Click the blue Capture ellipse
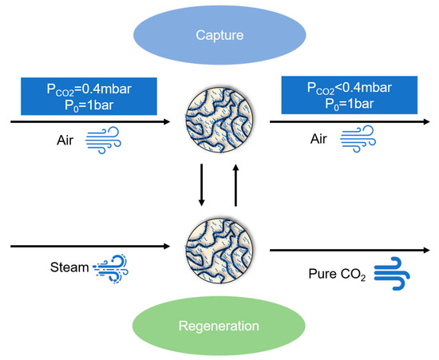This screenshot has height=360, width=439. pyautogui.click(x=219, y=36)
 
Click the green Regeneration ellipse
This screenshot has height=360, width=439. pyautogui.click(x=219, y=325)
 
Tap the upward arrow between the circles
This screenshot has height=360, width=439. pyautogui.click(x=235, y=184)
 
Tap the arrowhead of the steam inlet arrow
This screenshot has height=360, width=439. pyautogui.click(x=166, y=247)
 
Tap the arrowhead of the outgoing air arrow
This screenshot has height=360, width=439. pyautogui.click(x=427, y=122)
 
